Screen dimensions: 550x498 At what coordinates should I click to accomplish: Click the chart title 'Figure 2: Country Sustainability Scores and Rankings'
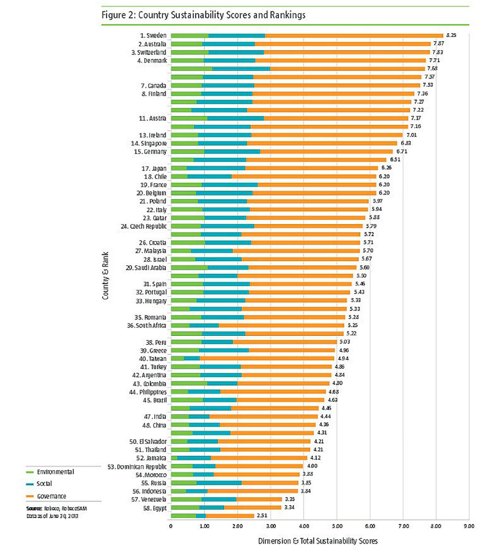click(203, 15)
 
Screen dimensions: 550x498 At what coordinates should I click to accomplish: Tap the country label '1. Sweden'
click(153, 36)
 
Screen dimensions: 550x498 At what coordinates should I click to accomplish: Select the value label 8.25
click(451, 35)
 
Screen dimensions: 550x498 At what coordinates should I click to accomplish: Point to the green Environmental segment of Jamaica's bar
click(174, 458)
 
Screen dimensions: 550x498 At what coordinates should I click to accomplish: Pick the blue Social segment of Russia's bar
click(219, 483)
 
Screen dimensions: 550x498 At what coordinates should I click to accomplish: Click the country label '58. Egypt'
click(155, 508)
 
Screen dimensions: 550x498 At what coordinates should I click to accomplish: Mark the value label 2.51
click(262, 516)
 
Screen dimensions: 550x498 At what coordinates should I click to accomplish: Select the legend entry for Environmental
click(50, 472)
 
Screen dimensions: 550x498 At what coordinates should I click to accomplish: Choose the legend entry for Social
click(39, 484)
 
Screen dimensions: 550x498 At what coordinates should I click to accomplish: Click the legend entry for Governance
click(46, 496)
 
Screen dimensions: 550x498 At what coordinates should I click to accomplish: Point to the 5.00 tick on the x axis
click(337, 526)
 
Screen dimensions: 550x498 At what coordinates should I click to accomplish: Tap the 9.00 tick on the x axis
click(469, 526)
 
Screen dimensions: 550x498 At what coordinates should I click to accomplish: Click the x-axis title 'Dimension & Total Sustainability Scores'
click(317, 541)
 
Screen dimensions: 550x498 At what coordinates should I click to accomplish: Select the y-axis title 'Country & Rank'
click(105, 276)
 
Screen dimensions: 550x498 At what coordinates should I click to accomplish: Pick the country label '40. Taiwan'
click(153, 359)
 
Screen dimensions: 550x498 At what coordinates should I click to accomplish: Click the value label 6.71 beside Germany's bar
click(401, 152)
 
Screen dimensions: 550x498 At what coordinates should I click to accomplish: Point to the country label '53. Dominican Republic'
click(137, 467)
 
